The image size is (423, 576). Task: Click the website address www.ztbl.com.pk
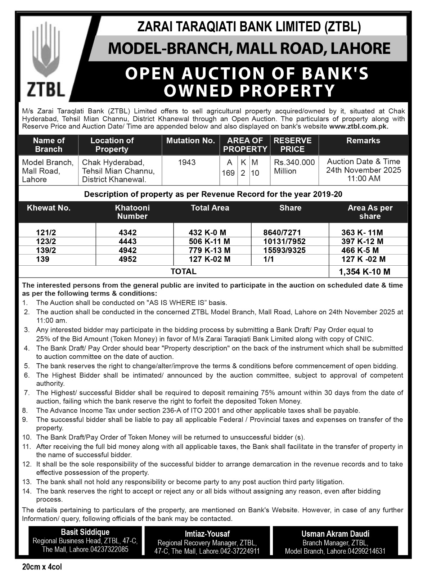(x=359, y=127)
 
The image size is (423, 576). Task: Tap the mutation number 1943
(x=187, y=162)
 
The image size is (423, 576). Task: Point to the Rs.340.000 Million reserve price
(x=294, y=167)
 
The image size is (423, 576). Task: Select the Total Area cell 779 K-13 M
(x=210, y=250)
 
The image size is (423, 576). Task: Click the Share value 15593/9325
(x=284, y=250)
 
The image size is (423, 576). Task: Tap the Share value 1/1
(x=269, y=259)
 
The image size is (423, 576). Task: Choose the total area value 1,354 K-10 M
(x=364, y=272)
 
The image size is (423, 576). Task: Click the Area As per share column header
(x=370, y=212)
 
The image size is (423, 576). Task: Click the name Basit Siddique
(x=85, y=532)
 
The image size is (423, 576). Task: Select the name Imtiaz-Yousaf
(x=207, y=534)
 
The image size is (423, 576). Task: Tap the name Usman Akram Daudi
(x=335, y=534)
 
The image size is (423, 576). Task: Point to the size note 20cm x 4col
(x=42, y=567)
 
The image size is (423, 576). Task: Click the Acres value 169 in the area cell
(x=228, y=173)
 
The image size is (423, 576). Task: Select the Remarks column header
(x=363, y=141)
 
